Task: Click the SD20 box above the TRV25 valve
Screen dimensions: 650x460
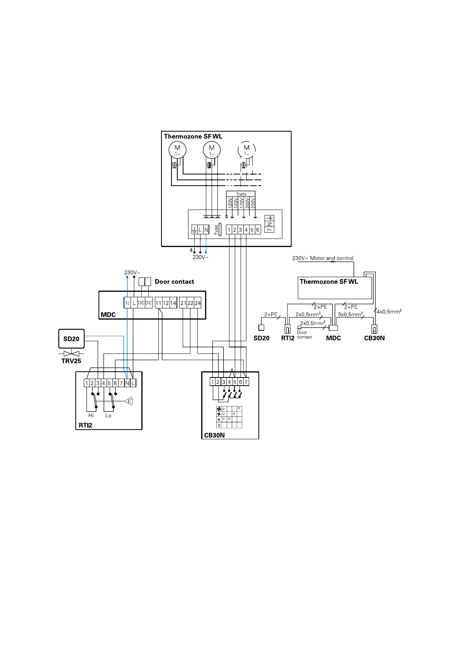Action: pos(71,339)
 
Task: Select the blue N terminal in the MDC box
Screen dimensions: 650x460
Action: pos(127,303)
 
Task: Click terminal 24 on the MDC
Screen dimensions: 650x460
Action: pos(198,303)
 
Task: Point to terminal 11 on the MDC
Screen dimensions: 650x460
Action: pos(158,303)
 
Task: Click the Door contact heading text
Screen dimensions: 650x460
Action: pos(174,282)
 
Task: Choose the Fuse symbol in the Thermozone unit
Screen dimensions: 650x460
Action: pos(220,230)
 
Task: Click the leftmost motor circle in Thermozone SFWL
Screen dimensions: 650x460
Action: pos(178,150)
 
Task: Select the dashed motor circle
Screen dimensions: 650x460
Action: pos(246,150)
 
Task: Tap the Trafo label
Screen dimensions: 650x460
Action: pos(241,194)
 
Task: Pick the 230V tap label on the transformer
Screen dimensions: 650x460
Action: pos(253,203)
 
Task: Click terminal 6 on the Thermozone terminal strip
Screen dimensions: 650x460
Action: pos(258,230)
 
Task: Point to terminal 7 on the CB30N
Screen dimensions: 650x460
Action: pos(246,382)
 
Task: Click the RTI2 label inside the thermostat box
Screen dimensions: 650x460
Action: pos(86,425)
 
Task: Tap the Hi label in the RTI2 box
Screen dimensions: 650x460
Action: pos(91,416)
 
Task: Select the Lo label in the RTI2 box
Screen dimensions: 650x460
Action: pos(108,416)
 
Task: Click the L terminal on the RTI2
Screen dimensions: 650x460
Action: pos(133,383)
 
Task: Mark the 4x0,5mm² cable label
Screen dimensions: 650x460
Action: pos(389,311)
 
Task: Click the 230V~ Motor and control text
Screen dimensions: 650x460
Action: pos(323,258)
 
